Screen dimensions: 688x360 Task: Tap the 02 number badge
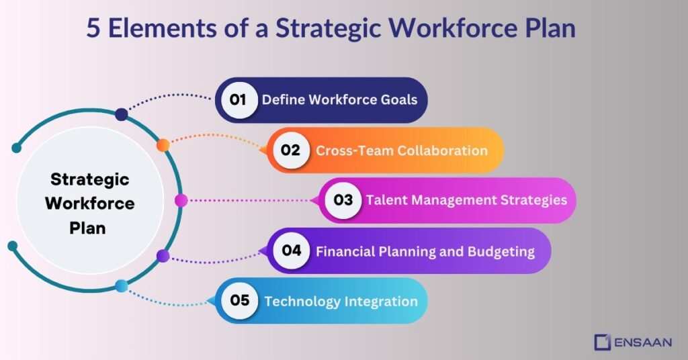pyautogui.click(x=290, y=150)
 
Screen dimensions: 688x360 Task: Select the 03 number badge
pyautogui.click(x=343, y=200)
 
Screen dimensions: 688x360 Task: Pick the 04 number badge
pyautogui.click(x=292, y=251)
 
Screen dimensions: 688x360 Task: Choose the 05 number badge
pyautogui.click(x=240, y=301)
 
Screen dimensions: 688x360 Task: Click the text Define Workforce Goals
pyautogui.click(x=339, y=99)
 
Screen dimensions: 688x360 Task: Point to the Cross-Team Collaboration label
pyautogui.click(x=402, y=150)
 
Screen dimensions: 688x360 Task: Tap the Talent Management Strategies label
pyautogui.click(x=466, y=200)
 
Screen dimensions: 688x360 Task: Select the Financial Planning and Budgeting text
pyautogui.click(x=425, y=251)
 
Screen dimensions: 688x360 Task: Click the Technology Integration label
pyautogui.click(x=341, y=302)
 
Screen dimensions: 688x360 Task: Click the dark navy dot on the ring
pyautogui.click(x=122, y=115)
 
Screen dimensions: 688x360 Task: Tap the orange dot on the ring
pyautogui.click(x=163, y=145)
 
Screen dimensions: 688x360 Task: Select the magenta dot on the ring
pyautogui.click(x=181, y=200)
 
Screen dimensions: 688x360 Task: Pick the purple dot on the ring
pyautogui.click(x=163, y=256)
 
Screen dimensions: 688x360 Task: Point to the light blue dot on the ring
pyautogui.click(x=122, y=286)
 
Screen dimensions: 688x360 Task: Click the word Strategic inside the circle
pyautogui.click(x=90, y=180)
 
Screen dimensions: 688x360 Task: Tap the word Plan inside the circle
pyautogui.click(x=88, y=228)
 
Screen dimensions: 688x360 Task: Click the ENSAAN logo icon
pyautogui.click(x=603, y=342)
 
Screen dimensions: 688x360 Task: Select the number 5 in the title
pyautogui.click(x=93, y=28)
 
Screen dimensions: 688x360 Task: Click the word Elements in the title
pyautogui.click(x=163, y=28)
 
